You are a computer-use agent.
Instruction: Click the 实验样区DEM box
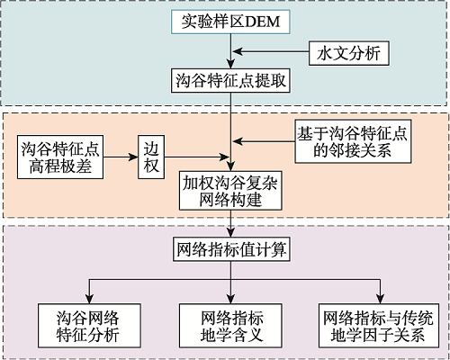[230, 22]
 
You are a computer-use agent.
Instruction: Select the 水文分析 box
[349, 53]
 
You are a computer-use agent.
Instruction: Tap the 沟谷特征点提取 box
[230, 80]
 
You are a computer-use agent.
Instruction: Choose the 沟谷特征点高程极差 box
[60, 157]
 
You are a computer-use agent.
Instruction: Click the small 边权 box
[151, 157]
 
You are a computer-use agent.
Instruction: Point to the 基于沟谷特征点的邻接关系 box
[353, 141]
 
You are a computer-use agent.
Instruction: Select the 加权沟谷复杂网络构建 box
[230, 191]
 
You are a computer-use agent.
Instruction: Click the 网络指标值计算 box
[231, 249]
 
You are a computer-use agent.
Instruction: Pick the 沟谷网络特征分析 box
[89, 326]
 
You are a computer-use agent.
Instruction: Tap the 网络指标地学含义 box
[230, 326]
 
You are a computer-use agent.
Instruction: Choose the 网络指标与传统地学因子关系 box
[379, 326]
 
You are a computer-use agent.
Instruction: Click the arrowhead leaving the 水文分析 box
[238, 51]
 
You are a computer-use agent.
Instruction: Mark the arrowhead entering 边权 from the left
[133, 157]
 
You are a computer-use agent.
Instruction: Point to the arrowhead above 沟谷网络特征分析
[89, 299]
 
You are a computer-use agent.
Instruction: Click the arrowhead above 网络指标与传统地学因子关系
[380, 299]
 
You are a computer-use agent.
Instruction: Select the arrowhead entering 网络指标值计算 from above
[230, 233]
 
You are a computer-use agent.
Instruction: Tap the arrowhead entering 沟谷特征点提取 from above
[230, 64]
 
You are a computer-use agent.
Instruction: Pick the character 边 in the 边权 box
[151, 148]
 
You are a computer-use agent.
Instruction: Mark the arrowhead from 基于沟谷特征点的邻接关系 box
[238, 141]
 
